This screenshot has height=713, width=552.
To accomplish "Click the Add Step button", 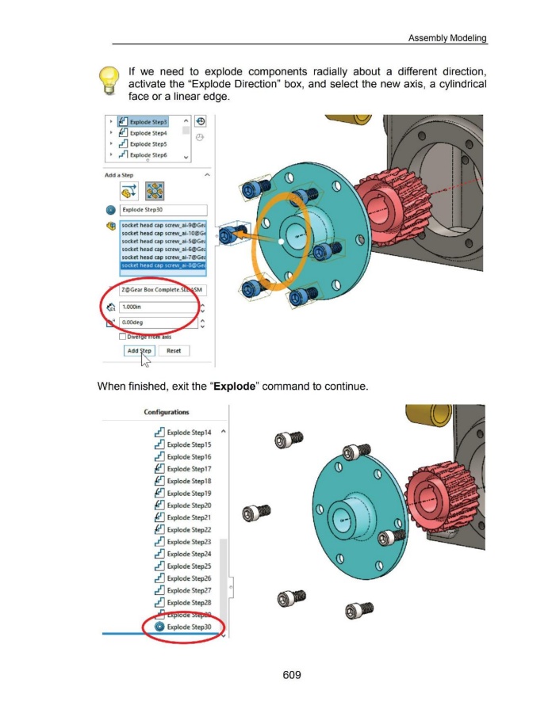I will pyautogui.click(x=140, y=350).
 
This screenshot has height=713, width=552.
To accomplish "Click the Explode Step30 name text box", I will pyautogui.click(x=163, y=210).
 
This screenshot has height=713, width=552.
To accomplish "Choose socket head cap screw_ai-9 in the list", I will pyautogui.click(x=162, y=226).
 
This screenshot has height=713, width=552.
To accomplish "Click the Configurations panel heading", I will pyautogui.click(x=167, y=412).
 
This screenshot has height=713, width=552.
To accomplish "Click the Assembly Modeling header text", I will pyautogui.click(x=447, y=37).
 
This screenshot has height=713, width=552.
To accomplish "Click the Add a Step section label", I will pyautogui.click(x=117, y=175).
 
